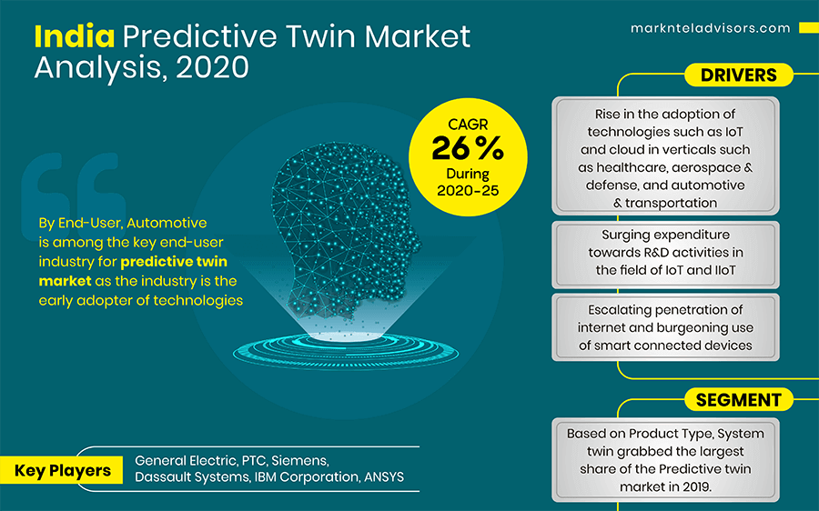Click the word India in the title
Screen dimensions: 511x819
(x=75, y=35)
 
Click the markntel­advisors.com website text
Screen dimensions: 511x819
(x=711, y=28)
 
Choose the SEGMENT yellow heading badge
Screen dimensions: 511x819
(x=738, y=399)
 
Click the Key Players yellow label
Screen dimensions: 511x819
(x=63, y=470)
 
